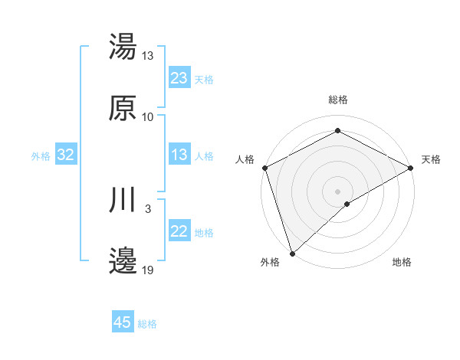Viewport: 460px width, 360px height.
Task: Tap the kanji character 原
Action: click(x=123, y=108)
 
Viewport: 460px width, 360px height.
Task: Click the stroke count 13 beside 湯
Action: click(x=148, y=56)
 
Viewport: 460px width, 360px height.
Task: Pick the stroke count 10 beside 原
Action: click(x=148, y=117)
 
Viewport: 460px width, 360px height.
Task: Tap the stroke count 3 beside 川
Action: click(x=148, y=208)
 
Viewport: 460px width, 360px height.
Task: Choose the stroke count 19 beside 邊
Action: click(x=148, y=270)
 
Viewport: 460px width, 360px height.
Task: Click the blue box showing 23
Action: click(x=179, y=78)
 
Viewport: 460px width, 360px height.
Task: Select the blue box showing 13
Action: click(x=179, y=155)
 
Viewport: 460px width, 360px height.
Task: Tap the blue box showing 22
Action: click(x=179, y=232)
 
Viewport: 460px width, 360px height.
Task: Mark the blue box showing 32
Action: click(x=66, y=155)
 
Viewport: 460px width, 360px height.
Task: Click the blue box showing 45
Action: click(x=123, y=322)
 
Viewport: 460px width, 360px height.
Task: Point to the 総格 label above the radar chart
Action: click(x=338, y=100)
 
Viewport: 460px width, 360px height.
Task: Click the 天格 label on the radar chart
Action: click(x=432, y=159)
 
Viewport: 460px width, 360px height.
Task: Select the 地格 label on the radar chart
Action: click(x=402, y=263)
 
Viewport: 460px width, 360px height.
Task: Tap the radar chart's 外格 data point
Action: click(x=292, y=253)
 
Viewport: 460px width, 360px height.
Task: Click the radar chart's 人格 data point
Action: click(x=264, y=167)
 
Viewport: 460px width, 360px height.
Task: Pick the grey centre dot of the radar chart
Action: click(x=337, y=191)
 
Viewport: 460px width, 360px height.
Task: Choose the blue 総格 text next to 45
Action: click(x=148, y=324)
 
